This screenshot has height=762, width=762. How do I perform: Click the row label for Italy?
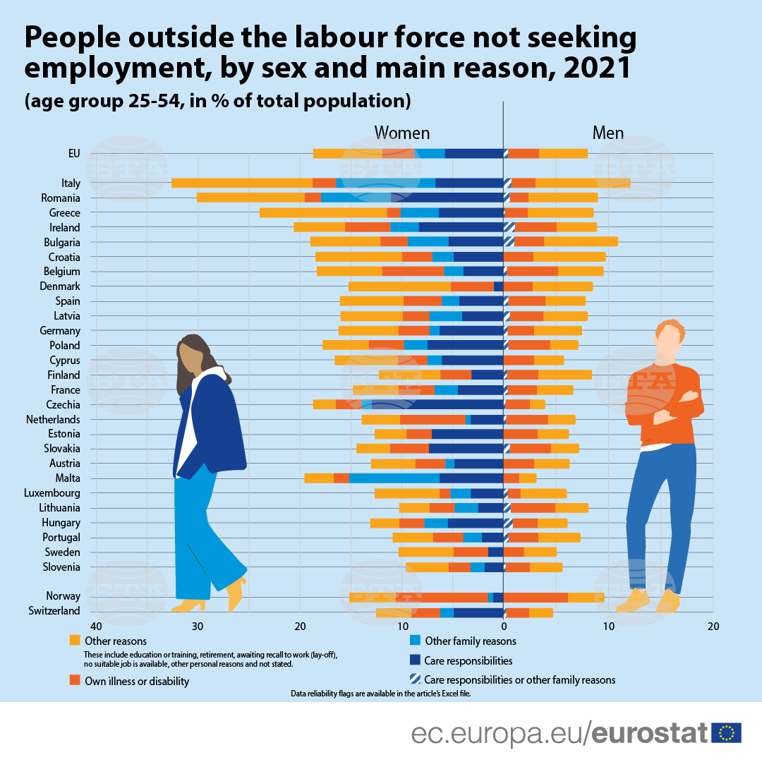[71, 183]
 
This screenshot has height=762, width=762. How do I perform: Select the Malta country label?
[68, 478]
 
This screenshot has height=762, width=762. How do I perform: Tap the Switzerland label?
[54, 611]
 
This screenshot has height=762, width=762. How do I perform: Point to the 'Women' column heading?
[401, 133]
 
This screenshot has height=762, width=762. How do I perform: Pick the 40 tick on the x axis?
[95, 626]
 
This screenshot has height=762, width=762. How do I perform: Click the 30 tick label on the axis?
[198, 626]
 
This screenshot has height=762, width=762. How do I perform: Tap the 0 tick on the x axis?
[504, 626]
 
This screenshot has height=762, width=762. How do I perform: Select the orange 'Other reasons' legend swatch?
[75, 641]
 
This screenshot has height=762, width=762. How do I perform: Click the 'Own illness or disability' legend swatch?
[75, 680]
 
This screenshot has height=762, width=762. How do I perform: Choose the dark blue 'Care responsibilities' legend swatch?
[415, 660]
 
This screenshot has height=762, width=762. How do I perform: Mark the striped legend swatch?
[415, 679]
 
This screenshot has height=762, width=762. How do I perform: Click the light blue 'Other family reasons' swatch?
[415, 641]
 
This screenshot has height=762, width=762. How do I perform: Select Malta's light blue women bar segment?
[394, 478]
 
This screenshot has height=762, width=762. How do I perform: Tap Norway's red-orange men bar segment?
[536, 597]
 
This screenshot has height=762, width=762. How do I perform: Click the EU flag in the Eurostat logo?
[726, 733]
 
